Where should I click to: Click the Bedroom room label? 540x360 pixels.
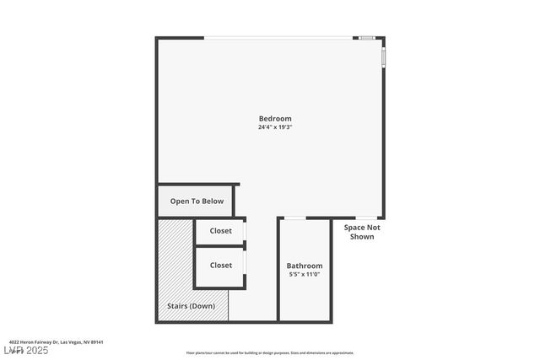click(275, 119)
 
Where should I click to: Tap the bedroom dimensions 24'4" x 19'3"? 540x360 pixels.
click(275, 127)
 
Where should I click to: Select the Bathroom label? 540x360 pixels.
click(304, 266)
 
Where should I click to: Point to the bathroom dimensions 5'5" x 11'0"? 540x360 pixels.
click(304, 274)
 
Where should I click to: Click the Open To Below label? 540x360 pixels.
click(197, 201)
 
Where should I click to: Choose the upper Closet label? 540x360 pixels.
click(220, 231)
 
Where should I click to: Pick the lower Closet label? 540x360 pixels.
click(220, 265)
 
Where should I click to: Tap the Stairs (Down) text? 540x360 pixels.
click(190, 305)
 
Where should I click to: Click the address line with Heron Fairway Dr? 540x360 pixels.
click(57, 342)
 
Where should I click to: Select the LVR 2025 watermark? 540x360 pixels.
click(25, 350)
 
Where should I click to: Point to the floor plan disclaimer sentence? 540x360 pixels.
click(270, 353)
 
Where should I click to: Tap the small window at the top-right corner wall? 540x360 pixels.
click(366, 37)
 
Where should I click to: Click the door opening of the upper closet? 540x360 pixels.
click(245, 230)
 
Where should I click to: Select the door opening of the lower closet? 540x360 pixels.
click(245, 265)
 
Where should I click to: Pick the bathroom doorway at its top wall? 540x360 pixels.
click(294, 218)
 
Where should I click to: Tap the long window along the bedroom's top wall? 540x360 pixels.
click(278, 37)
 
